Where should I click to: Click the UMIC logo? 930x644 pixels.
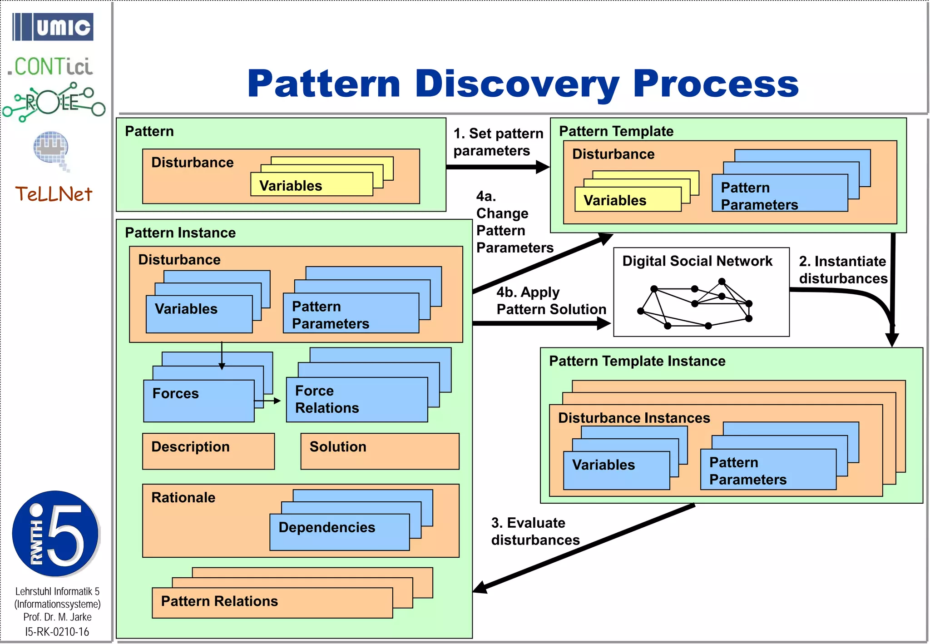[53, 27]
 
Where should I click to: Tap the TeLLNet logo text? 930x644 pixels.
[54, 194]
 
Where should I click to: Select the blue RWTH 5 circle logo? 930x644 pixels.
[55, 534]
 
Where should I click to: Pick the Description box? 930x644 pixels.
[208, 451]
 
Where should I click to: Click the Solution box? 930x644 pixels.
[380, 451]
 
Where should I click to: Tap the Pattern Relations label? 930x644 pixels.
[219, 601]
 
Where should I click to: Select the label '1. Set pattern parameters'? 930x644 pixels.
[498, 142]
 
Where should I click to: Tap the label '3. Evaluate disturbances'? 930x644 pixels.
[535, 531]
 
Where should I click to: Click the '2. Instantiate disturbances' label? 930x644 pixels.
[842, 270]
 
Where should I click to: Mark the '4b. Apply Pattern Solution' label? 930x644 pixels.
[551, 301]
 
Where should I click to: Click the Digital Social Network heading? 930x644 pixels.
[697, 261]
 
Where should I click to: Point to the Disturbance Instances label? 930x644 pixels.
[634, 418]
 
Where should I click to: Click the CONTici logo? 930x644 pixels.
[50, 67]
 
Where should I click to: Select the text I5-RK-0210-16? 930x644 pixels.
[57, 631]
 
